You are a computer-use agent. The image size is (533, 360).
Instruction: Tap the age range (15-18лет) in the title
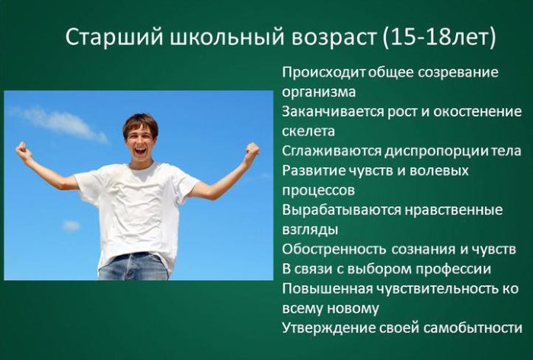tap(439, 37)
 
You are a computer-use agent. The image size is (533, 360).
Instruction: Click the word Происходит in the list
tap(315, 73)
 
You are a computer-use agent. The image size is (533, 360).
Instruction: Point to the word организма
tap(318, 92)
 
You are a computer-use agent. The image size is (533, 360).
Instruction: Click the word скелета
tap(308, 131)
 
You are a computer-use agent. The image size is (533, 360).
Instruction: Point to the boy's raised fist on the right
tap(251, 153)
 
